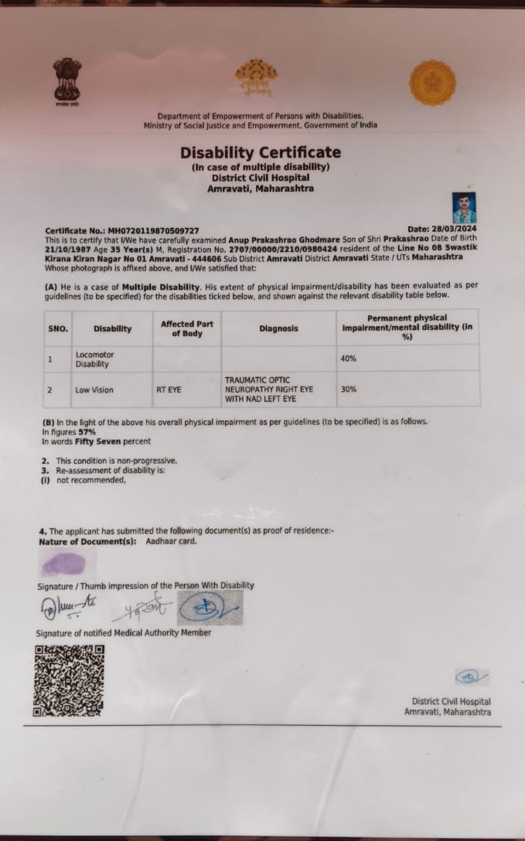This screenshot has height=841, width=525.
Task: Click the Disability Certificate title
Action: pyautogui.click(x=261, y=152)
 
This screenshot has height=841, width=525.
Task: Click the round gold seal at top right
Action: pyautogui.click(x=432, y=83)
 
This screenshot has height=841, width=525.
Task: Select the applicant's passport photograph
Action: pyautogui.click(x=464, y=208)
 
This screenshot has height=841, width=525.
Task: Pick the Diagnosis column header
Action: pyautogui.click(x=278, y=329)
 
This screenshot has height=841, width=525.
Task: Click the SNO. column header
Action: pyautogui.click(x=58, y=329)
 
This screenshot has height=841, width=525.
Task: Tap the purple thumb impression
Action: pyautogui.click(x=63, y=565)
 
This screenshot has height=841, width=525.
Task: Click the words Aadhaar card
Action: pyautogui.click(x=171, y=541)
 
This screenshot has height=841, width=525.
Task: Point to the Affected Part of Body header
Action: pyautogui.click(x=186, y=329)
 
